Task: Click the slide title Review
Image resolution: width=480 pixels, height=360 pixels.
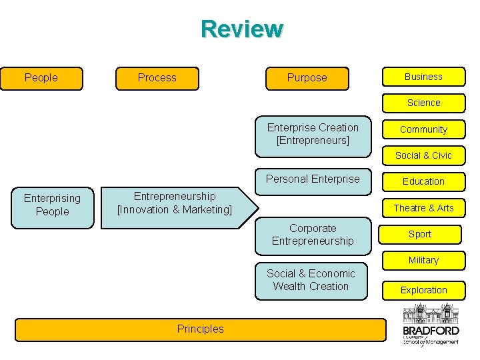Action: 242,29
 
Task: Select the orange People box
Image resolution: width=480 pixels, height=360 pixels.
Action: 41,78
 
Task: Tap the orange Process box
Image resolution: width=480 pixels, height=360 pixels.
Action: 157,78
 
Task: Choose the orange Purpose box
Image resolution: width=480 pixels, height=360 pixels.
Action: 307,78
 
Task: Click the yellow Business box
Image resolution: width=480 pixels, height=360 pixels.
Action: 423,77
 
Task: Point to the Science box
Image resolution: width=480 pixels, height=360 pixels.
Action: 423,103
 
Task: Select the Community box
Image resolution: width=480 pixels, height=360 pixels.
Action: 423,129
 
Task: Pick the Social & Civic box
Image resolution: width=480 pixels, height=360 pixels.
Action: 423,155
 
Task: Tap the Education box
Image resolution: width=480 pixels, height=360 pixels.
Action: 423,181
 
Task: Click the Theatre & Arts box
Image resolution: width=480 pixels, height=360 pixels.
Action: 423,208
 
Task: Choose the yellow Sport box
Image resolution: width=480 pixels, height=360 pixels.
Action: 420,234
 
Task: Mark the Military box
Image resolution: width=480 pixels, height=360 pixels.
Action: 423,260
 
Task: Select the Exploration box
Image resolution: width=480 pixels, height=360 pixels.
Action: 423,290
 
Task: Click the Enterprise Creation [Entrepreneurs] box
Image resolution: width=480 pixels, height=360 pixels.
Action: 313,134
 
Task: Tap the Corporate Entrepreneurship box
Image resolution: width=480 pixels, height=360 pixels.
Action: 313,235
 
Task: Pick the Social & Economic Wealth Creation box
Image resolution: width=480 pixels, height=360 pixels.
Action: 311,280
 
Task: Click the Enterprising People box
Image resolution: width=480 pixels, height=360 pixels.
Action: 52,205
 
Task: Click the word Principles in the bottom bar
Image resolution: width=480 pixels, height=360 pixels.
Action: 201,329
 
